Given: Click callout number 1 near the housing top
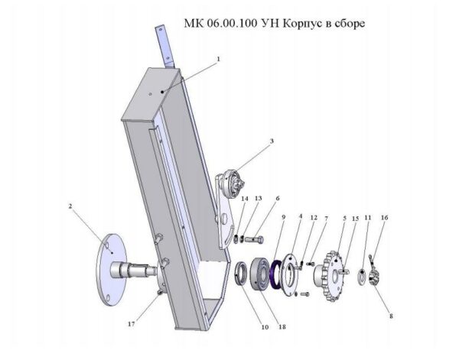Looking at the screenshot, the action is click(x=218, y=59).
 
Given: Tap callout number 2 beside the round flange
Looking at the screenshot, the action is click(x=70, y=206).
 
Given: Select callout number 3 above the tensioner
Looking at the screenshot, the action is click(x=272, y=141).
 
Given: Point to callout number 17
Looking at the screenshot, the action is click(x=132, y=324).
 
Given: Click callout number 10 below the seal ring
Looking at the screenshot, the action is click(x=265, y=327).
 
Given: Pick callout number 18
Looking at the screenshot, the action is click(x=282, y=327).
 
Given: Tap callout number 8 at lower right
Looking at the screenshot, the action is click(x=392, y=316).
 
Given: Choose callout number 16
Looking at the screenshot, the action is click(x=385, y=218).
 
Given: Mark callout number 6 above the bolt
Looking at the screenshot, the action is click(x=278, y=198).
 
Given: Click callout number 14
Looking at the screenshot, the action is click(x=245, y=199).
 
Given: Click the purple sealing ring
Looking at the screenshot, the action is click(x=275, y=274).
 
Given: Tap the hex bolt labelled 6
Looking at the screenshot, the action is click(x=254, y=240).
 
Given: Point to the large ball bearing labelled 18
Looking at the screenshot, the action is click(x=259, y=274).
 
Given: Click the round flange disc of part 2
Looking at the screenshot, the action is click(x=111, y=270).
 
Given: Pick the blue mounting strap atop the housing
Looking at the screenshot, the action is click(x=165, y=47).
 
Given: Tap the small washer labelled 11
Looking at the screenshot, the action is click(x=363, y=276).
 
